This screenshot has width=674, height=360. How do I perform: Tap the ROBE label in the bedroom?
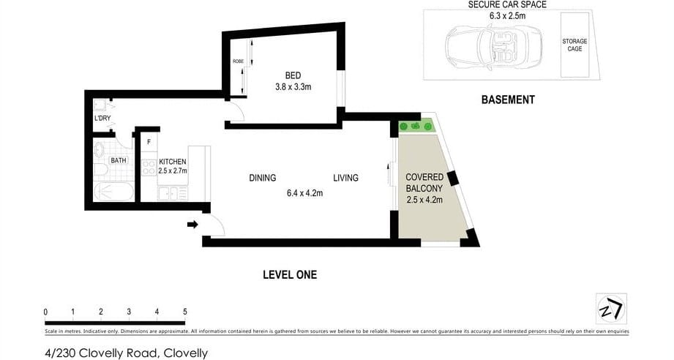pyautogui.click(x=237, y=61)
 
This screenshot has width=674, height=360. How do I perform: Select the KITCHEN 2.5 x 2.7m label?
pyautogui.click(x=173, y=166)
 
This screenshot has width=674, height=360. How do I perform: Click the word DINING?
pyautogui.click(x=262, y=178)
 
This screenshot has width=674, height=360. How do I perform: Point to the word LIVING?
pyautogui.click(x=345, y=178)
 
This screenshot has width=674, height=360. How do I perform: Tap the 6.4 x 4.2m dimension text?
pyautogui.click(x=304, y=194)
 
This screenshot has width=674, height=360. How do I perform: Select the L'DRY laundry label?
pyautogui.click(x=102, y=118)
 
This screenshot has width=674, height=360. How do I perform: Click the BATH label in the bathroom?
pyautogui.click(x=118, y=160)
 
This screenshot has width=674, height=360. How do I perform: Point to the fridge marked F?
pyautogui.click(x=149, y=141)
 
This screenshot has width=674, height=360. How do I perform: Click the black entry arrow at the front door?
pyautogui.click(x=192, y=225)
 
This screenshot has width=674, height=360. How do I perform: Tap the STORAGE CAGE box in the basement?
pyautogui.click(x=574, y=45)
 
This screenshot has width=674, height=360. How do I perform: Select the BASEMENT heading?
pyautogui.click(x=507, y=100)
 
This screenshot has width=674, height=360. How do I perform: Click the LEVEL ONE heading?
pyautogui.click(x=290, y=275)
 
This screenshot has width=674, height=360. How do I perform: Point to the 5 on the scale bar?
pyautogui.click(x=184, y=312)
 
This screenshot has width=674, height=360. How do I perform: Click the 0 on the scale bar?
pyautogui.click(x=45, y=312)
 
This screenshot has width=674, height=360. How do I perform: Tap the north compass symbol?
pyautogui.click(x=610, y=308)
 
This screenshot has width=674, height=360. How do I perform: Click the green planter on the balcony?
pyautogui.click(x=416, y=127)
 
